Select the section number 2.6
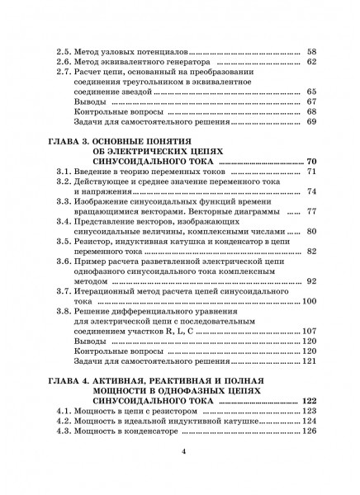tap(61, 61)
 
